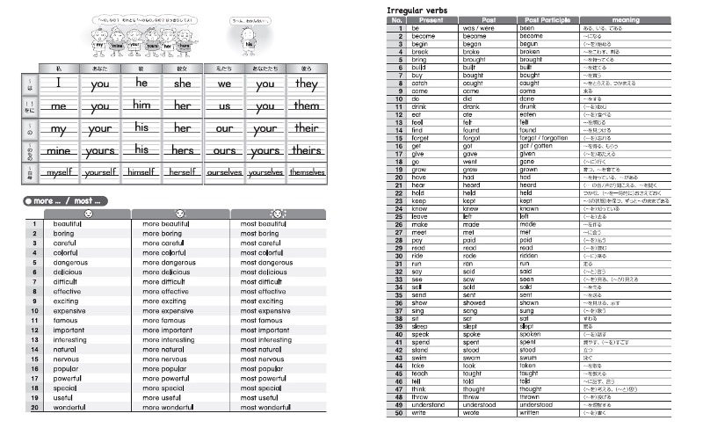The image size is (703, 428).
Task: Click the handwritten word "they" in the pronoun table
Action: (307, 84)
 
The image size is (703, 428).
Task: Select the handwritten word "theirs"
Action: (307, 150)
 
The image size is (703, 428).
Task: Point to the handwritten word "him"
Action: (141, 105)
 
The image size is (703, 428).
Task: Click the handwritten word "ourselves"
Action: (225, 173)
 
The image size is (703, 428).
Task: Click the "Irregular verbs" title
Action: (418, 9)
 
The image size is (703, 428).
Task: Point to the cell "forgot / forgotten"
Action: (543, 138)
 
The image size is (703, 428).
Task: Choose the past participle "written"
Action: (532, 412)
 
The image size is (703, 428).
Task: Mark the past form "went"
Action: (472, 162)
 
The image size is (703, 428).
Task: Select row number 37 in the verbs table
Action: (397, 310)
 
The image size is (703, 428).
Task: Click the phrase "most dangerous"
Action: (266, 262)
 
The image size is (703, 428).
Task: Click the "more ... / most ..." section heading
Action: (66, 201)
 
